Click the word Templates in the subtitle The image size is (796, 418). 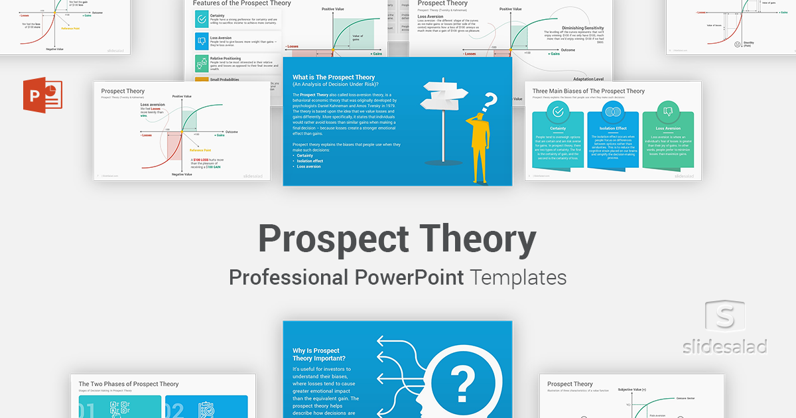click(x=519, y=277)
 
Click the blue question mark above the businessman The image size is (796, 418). click(x=490, y=102)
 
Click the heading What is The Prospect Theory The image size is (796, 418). click(x=334, y=77)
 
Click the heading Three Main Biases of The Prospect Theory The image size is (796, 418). click(x=588, y=91)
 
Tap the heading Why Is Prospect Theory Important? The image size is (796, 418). click(x=316, y=355)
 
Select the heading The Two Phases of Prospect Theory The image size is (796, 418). click(x=129, y=383)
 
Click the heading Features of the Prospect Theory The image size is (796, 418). click(x=242, y=3)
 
